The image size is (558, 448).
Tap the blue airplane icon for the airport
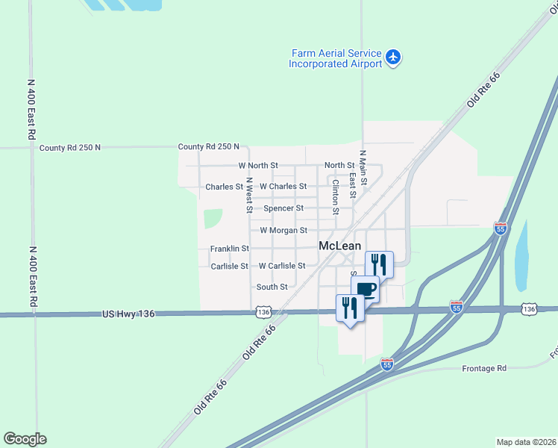[x=393, y=57]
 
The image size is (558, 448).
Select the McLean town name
[x=339, y=246]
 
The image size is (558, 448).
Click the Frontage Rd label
[x=483, y=368]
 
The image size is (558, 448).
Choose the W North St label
[x=258, y=165]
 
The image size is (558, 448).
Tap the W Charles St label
[x=283, y=186]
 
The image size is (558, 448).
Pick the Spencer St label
[x=289, y=208]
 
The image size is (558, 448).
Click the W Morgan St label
[x=283, y=231]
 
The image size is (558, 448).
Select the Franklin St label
[x=229, y=249]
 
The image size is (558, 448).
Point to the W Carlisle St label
[x=282, y=266]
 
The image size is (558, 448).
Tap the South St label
[x=272, y=287]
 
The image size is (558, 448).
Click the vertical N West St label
[x=249, y=195]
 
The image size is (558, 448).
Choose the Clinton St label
[x=336, y=197]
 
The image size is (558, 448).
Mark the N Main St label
[x=363, y=169]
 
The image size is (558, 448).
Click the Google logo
[x=25, y=439]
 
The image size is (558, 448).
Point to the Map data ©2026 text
[x=525, y=442]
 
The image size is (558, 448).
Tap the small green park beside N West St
[x=213, y=219]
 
